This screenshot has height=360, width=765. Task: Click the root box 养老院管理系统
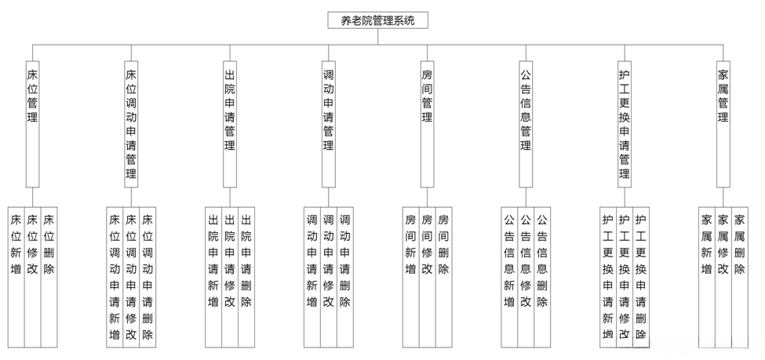coord(378,21)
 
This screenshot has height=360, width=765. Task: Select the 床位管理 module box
coord(32,124)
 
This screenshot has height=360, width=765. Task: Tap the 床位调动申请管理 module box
coord(131,124)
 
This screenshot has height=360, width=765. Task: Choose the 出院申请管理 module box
coord(230,124)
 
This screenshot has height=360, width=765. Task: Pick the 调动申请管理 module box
coord(329,124)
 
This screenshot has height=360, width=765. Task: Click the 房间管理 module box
coord(428,124)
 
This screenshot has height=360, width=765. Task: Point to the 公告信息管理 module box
coord(526,124)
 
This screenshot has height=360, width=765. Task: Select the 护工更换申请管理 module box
coord(625,124)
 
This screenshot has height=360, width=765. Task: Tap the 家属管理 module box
coord(723,124)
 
